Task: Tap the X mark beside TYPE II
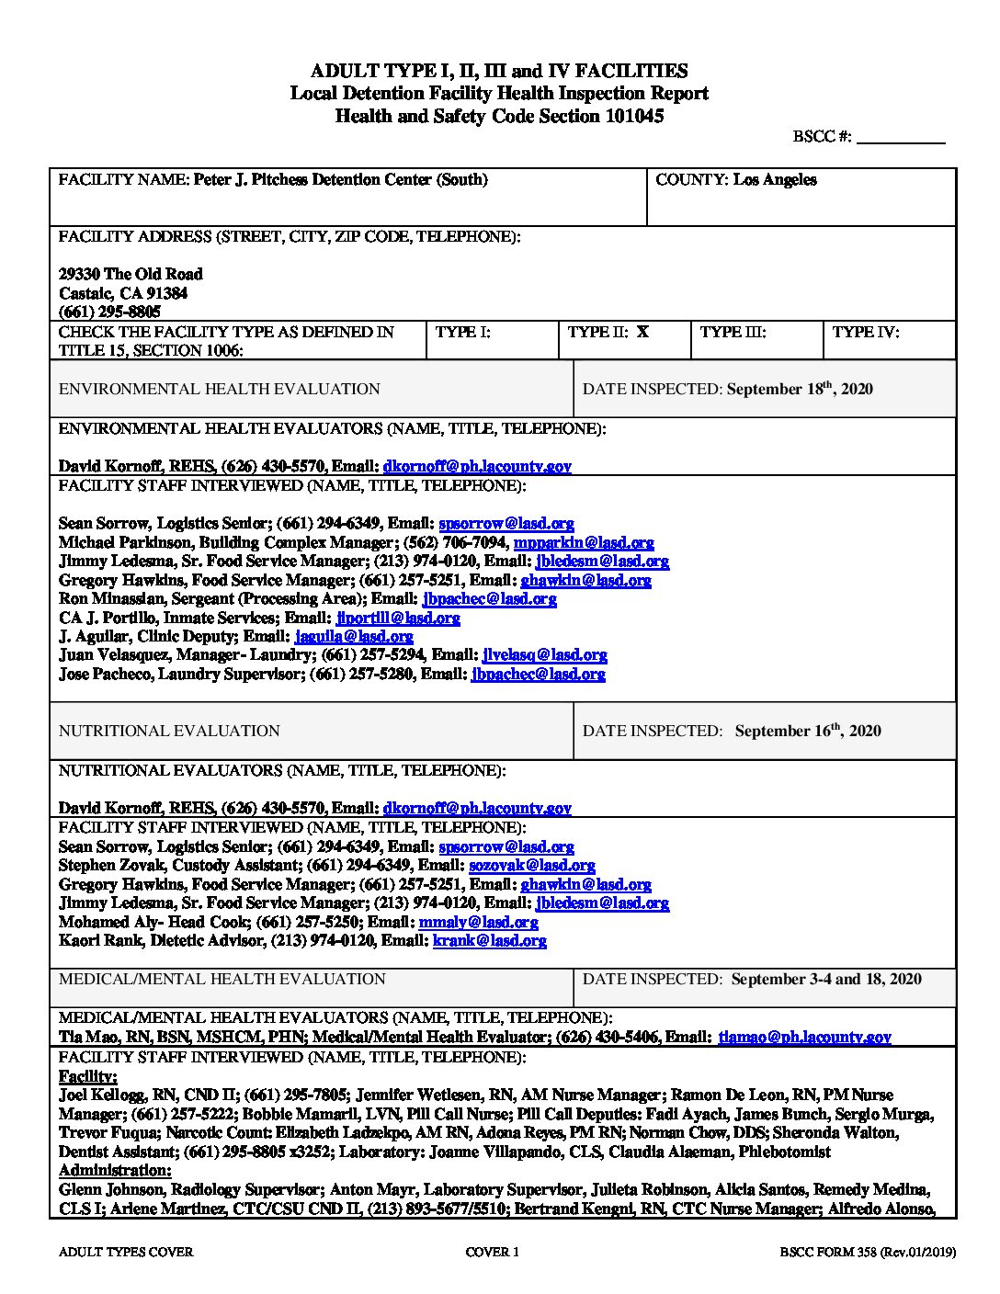642,332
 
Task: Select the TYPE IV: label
866,332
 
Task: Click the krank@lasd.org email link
489,940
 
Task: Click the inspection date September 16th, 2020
808,732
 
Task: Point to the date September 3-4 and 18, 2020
826,980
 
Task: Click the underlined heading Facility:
88,1076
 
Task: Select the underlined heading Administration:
115,1170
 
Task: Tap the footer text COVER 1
493,1252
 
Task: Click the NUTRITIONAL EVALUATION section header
169,732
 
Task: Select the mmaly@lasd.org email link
478,922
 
